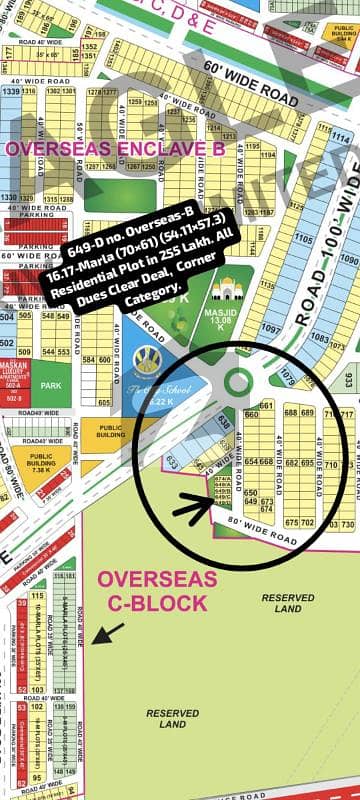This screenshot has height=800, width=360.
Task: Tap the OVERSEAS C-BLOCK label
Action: (158, 591)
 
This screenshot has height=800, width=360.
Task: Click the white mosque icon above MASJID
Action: (228, 288)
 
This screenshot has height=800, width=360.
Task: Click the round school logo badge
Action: (147, 359)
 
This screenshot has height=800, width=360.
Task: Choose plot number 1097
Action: (270, 328)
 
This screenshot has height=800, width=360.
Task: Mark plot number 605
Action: (103, 402)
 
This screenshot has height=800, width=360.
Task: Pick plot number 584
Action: (97, 360)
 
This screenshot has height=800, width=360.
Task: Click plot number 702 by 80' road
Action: (308, 522)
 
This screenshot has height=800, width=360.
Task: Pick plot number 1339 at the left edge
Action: (12, 91)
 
